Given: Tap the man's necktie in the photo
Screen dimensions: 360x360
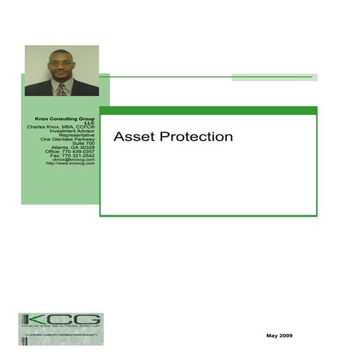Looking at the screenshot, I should pos(62,89).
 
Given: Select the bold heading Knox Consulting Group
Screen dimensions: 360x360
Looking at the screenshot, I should pos(65,119).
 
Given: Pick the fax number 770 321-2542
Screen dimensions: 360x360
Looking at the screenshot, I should pos(79,156).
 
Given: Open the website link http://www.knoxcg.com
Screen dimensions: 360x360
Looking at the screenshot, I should pos(71,164).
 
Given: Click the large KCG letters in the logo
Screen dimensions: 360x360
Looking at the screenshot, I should pos(61,320).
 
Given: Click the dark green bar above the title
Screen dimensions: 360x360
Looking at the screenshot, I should pos(208,111).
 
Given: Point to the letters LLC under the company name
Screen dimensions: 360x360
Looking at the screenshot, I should pos(89,123).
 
